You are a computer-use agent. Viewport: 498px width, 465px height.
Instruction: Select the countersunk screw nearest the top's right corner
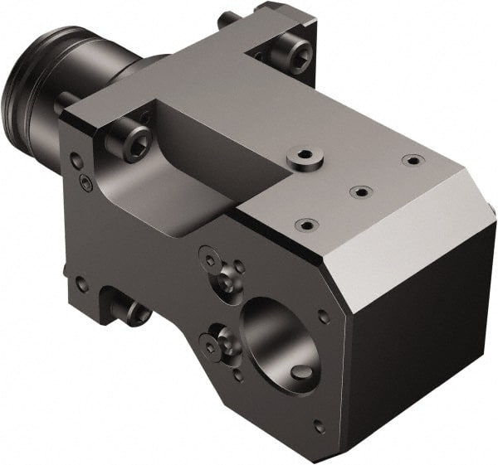[x=410, y=159]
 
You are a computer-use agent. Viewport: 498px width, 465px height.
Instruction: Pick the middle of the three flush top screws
[x=360, y=191]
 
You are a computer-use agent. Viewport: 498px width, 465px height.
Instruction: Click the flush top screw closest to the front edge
[x=306, y=224]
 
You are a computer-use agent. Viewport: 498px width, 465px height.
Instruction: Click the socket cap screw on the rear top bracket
[x=297, y=56]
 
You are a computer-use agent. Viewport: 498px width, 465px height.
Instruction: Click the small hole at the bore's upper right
[x=324, y=316]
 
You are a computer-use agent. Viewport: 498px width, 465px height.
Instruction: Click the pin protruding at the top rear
[x=227, y=19]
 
